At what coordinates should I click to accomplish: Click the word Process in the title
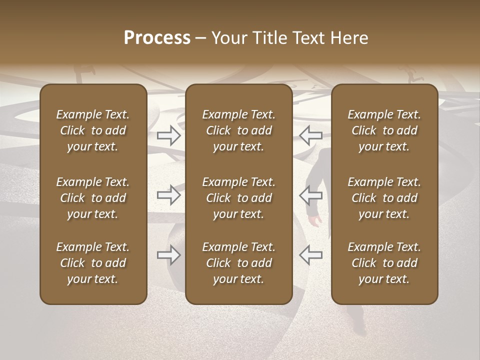coord(157,38)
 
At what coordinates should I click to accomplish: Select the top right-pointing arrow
coord(169,135)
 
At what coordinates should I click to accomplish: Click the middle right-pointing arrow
coord(169,195)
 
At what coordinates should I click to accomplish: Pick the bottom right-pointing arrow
coord(169,255)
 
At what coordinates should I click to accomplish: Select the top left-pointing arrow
coord(310,135)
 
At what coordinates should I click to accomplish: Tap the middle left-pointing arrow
coord(310,195)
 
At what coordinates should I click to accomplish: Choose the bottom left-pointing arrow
coord(310,255)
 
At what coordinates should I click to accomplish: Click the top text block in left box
coord(93,130)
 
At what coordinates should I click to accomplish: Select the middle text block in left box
coord(93,198)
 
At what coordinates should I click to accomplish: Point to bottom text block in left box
coord(93,263)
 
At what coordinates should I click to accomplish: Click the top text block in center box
coord(238,130)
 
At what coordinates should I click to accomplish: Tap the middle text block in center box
coord(238,198)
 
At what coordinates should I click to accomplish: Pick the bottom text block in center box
coord(238,263)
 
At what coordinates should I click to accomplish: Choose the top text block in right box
coord(384,130)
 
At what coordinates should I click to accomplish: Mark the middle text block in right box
coord(384,198)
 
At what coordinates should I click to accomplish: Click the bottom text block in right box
coord(384,263)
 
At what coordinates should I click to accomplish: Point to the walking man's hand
coord(315,220)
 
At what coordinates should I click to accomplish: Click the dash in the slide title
coord(200,38)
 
